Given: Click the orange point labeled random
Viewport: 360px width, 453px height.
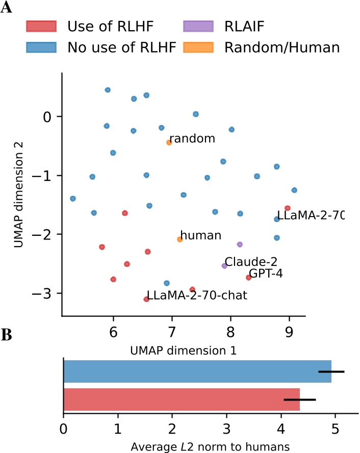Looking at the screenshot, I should coord(169,143).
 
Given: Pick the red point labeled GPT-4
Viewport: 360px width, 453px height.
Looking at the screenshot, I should coord(248,278).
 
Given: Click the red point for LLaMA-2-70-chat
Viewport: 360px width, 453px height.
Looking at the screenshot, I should coord(146,299).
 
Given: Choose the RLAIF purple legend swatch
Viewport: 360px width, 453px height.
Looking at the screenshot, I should coord(198,25).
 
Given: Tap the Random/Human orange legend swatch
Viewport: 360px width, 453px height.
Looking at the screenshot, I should coord(198,47).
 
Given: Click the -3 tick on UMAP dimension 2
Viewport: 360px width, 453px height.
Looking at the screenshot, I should coord(47,294).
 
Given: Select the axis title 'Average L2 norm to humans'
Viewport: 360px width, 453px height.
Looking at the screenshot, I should coord(210,446).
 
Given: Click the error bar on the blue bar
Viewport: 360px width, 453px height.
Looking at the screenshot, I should coord(331,371).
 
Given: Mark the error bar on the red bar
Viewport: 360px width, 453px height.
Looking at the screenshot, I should coord(300,399).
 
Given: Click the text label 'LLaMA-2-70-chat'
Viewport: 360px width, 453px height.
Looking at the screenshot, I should coord(197,296).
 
